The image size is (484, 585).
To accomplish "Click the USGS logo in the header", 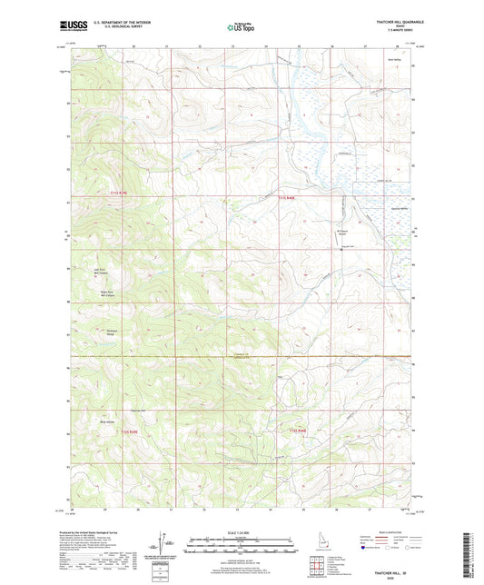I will tap(68, 25).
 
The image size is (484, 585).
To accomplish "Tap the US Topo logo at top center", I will tap(240, 28).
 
